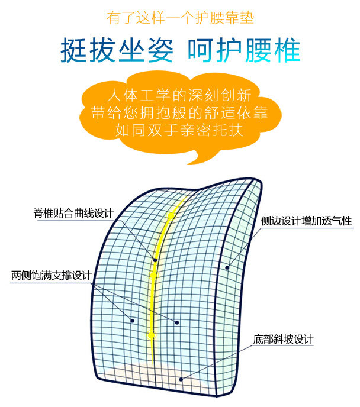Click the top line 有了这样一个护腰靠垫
click(180, 17)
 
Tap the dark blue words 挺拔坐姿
click(117, 51)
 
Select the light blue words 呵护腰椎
click(243, 51)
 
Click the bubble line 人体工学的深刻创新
click(179, 95)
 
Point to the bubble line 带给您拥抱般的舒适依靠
click(179, 112)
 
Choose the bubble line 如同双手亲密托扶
click(179, 130)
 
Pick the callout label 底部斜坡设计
click(282, 340)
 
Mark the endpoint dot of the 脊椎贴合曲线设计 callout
click(156, 260)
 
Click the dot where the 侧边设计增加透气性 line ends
click(227, 267)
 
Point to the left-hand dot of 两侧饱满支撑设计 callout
click(132, 321)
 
